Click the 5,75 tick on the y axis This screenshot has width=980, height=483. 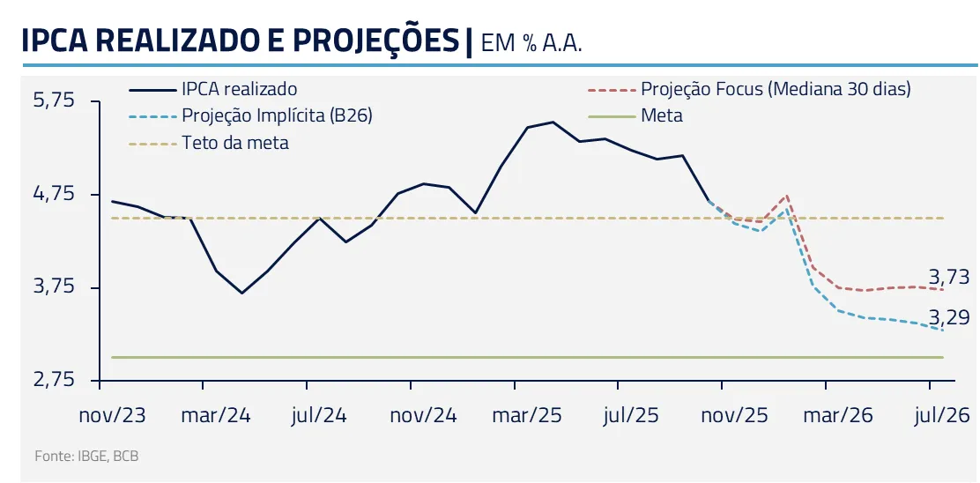tap(55, 100)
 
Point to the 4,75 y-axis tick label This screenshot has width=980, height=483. tap(55, 194)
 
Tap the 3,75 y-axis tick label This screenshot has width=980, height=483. tap(55, 287)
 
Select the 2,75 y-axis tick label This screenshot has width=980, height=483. tap(55, 381)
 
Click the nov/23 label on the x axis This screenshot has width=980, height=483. tap(114, 415)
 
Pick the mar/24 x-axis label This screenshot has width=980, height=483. tap(216, 415)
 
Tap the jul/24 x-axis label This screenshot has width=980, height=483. tap(319, 415)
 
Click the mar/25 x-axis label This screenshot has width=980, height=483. tap(528, 415)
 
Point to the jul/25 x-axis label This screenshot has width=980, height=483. tap(631, 415)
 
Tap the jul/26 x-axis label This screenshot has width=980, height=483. tap(942, 415)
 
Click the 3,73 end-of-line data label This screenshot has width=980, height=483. tap(949, 277)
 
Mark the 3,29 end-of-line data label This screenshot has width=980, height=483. tap(949, 317)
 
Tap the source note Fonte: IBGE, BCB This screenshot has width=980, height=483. tap(86, 457)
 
